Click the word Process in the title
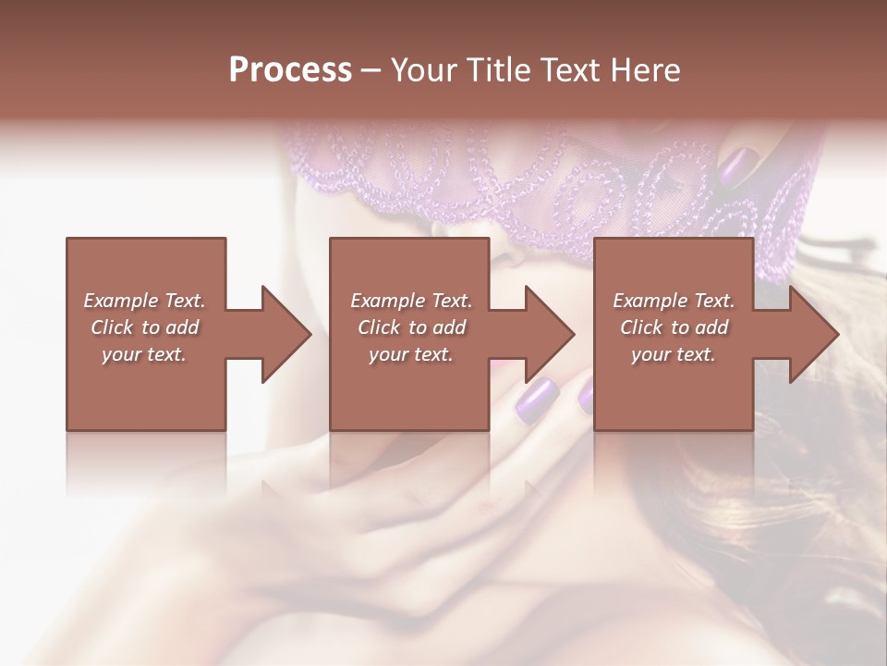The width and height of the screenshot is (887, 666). (290, 70)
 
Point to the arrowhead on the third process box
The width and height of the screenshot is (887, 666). (814, 334)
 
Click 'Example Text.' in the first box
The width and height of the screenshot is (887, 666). (145, 301)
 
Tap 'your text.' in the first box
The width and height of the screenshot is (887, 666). (145, 354)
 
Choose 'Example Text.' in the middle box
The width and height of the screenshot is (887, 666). (411, 301)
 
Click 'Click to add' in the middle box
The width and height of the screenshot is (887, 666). (411, 327)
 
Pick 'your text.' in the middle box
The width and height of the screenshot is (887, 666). (411, 354)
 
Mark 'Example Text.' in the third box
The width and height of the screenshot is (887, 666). (674, 301)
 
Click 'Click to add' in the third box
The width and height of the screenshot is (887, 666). (674, 327)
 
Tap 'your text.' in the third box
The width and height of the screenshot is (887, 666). (674, 354)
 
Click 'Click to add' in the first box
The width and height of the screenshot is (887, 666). (145, 327)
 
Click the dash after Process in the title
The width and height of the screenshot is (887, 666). (371, 71)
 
